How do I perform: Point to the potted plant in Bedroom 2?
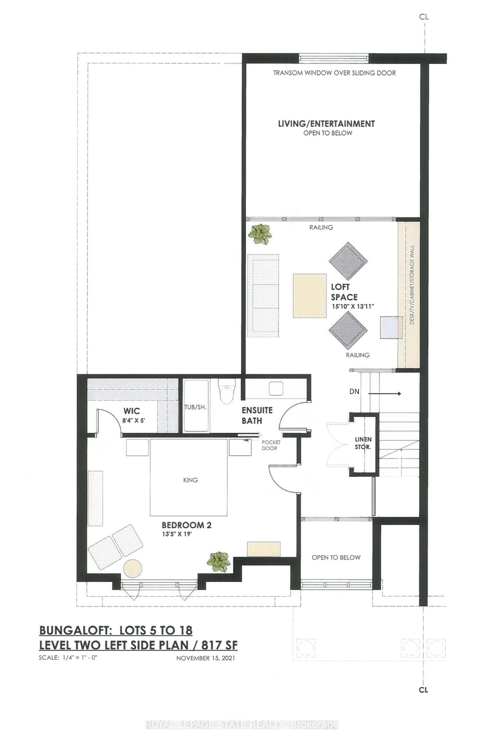coord(218,561)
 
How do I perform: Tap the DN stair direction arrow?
coord(384,393)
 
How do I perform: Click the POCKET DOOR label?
coord(271,445)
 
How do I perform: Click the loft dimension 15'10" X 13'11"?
coord(353,306)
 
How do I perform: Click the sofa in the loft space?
coord(263,296)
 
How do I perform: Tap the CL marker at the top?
coord(424,17)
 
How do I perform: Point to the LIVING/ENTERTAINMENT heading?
coord(326,124)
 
